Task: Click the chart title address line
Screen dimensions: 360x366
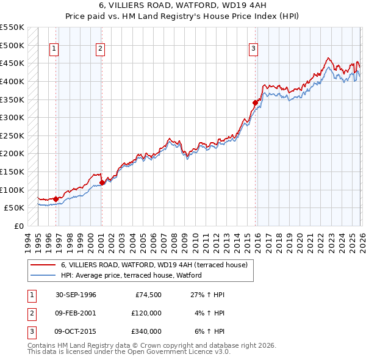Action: tap(183, 6)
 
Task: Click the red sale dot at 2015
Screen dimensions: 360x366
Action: tap(256, 103)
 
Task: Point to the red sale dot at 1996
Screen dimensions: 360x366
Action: tap(56, 198)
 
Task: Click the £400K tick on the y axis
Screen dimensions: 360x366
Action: tap(12, 81)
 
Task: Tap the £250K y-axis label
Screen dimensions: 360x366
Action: tap(12, 135)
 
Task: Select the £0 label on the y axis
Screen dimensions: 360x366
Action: tap(20, 226)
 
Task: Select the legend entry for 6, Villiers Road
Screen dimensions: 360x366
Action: tap(154, 265)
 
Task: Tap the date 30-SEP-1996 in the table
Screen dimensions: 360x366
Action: tap(76, 295)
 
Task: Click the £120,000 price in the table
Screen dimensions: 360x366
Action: tap(146, 313)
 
